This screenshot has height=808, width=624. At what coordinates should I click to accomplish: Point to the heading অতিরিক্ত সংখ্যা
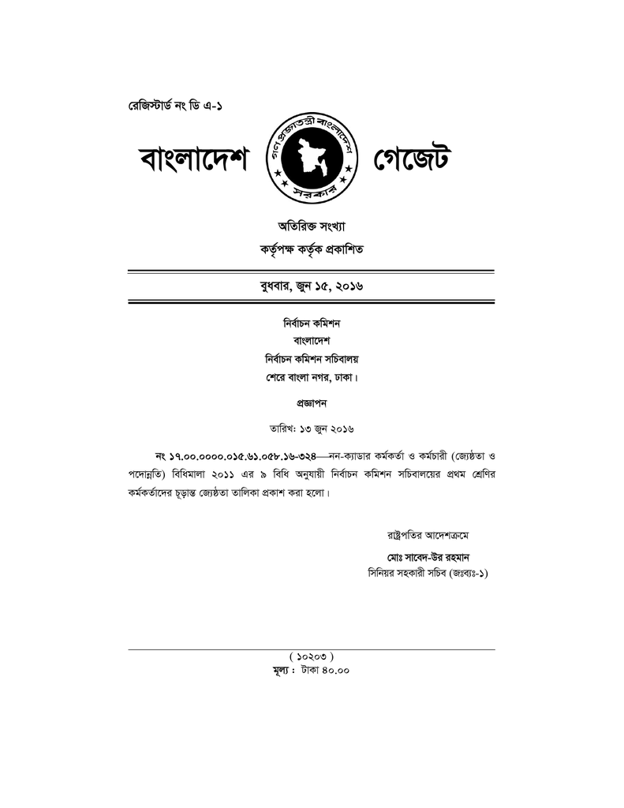pos(312,226)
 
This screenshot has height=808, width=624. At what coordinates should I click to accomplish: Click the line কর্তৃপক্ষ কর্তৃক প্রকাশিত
pos(312,249)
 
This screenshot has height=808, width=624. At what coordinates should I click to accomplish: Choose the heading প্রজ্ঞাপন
pos(312,402)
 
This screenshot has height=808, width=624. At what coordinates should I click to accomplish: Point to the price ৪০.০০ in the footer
pos(336,671)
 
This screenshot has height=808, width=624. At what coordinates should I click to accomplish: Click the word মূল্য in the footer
pos(282,671)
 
